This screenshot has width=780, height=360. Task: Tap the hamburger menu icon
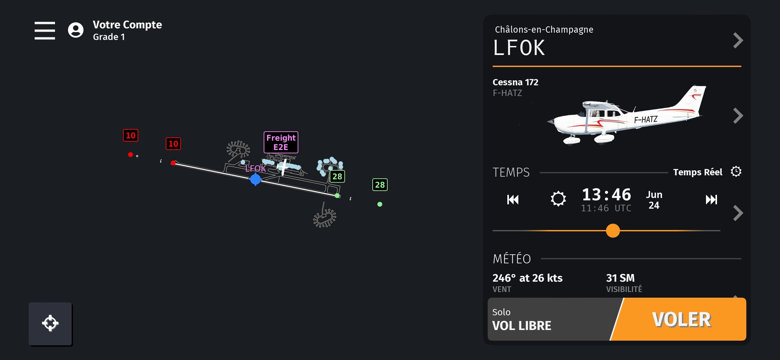click(x=45, y=31)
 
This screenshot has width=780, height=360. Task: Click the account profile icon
click(x=76, y=30)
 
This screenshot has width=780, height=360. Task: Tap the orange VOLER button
click(x=681, y=319)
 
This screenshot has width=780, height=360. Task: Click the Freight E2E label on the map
click(x=281, y=142)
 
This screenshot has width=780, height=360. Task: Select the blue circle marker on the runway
click(x=255, y=179)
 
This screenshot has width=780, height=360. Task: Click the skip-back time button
click(x=513, y=200)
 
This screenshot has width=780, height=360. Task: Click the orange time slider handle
click(x=613, y=231)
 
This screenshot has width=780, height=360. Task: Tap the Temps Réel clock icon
click(x=736, y=172)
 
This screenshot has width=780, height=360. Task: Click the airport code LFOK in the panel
click(x=519, y=48)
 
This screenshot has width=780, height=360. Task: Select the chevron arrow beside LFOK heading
click(x=738, y=41)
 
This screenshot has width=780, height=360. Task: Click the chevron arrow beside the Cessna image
click(x=738, y=116)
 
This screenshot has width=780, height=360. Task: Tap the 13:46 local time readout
click(x=606, y=194)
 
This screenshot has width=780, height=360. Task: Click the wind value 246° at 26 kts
click(x=528, y=278)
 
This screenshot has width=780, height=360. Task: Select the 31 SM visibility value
click(x=620, y=278)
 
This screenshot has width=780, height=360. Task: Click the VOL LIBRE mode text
click(x=522, y=326)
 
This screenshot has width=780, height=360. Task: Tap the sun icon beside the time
click(x=558, y=199)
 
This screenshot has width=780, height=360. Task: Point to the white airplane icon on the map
click(x=283, y=166)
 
